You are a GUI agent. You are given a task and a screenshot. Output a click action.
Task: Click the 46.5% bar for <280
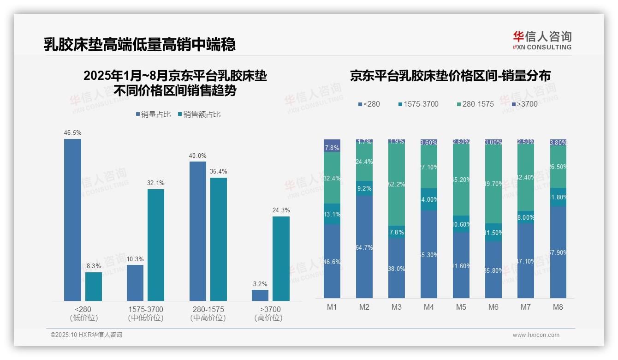[x=72, y=220]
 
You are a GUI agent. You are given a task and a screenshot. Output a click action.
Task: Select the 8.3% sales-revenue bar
[x=94, y=286]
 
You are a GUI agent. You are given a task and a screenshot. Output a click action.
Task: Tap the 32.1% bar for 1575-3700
[x=156, y=245]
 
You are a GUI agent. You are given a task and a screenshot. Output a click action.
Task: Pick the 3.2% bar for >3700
[x=260, y=295]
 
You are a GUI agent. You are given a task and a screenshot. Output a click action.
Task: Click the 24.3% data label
[x=281, y=210]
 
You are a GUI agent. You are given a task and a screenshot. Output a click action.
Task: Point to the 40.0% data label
[x=197, y=156]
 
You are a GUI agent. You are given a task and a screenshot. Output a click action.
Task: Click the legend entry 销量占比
[x=155, y=114]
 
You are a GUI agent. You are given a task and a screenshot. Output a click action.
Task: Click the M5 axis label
[x=461, y=307]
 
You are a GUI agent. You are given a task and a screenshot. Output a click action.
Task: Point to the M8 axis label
[x=558, y=307]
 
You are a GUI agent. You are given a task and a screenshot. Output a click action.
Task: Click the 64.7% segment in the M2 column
[x=364, y=247]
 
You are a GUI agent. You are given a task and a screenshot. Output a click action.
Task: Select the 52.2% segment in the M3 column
[x=397, y=185]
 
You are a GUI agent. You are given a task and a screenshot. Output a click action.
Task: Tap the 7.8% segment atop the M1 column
[x=332, y=146]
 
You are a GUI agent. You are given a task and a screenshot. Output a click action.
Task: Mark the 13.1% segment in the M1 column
[x=332, y=214]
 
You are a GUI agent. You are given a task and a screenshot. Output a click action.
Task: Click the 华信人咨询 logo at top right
[x=542, y=40]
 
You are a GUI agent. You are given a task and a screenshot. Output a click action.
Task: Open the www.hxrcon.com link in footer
[x=536, y=335]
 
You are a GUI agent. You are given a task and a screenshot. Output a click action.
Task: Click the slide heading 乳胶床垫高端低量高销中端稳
[x=140, y=44]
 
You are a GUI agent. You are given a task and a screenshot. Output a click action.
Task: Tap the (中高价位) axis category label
[x=208, y=318]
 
